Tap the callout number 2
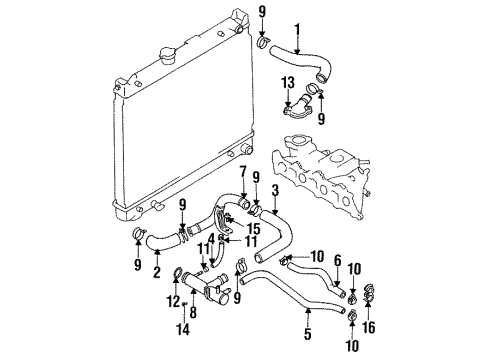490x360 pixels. point(157,271)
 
